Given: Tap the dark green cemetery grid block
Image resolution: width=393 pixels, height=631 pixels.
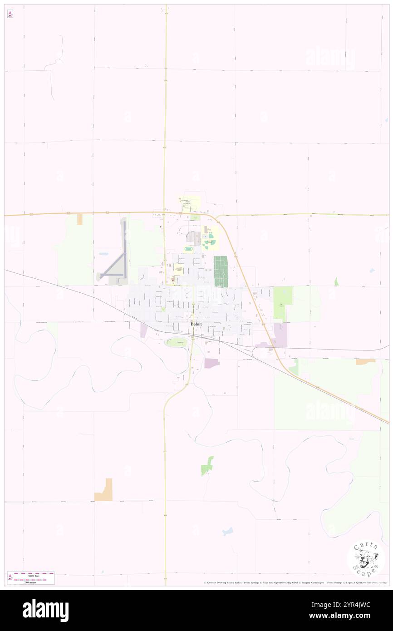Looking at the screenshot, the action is tap(221, 271).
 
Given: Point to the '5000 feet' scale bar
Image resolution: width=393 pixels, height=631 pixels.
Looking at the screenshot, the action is tap(34, 574).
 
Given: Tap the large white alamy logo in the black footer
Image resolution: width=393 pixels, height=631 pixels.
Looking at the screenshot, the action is tap(46, 610).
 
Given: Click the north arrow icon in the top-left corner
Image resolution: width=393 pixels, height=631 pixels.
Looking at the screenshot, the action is tap(10, 14).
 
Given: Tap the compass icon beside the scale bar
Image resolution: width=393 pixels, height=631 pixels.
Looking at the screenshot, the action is tap(10, 577).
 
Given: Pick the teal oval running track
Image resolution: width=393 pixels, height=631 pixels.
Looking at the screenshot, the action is tap(189, 249).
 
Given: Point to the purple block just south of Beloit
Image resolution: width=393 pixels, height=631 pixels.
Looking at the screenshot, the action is tap(211, 363).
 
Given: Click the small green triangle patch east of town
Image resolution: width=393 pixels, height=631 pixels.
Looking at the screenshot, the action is tap(336, 282).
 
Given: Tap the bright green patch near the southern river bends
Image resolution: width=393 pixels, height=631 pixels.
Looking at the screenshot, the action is tap(207, 466).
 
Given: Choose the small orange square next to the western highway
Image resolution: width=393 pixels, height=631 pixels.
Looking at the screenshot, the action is tap(80, 219).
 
